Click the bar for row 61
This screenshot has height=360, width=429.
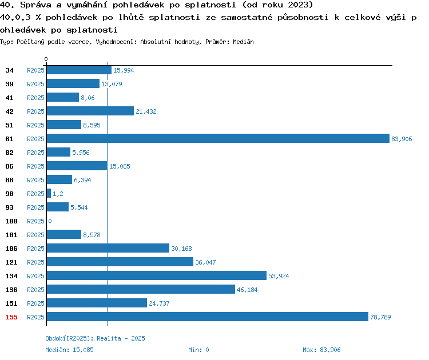[x=218, y=138]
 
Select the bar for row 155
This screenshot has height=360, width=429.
[x=208, y=317]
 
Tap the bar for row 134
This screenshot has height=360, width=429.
[x=157, y=275]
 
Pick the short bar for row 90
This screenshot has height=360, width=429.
[x=49, y=193]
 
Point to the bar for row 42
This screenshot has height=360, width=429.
[x=90, y=111]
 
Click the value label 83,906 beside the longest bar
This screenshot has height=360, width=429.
[x=402, y=139]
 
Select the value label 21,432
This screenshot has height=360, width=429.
[x=146, y=111]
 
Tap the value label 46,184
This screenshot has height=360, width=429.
[x=247, y=290]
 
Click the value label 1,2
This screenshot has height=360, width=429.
[x=58, y=194]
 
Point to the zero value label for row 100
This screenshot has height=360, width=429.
[x=50, y=221]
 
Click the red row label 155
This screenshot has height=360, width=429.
[x=11, y=317]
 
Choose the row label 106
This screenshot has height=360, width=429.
[x=11, y=249]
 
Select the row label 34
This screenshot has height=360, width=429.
[x=9, y=70]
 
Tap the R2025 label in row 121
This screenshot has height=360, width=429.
[x=35, y=262]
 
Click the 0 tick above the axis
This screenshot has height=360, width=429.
[x=46, y=59]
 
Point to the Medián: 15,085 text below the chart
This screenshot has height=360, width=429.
[x=69, y=350]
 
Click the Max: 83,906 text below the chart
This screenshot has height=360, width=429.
[x=321, y=350]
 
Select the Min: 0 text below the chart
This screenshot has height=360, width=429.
[x=198, y=350]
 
